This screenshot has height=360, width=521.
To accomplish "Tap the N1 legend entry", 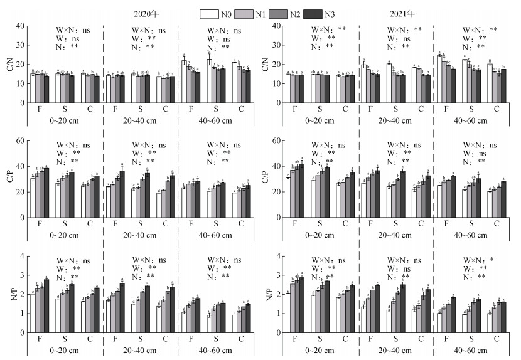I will pos(255,13).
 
